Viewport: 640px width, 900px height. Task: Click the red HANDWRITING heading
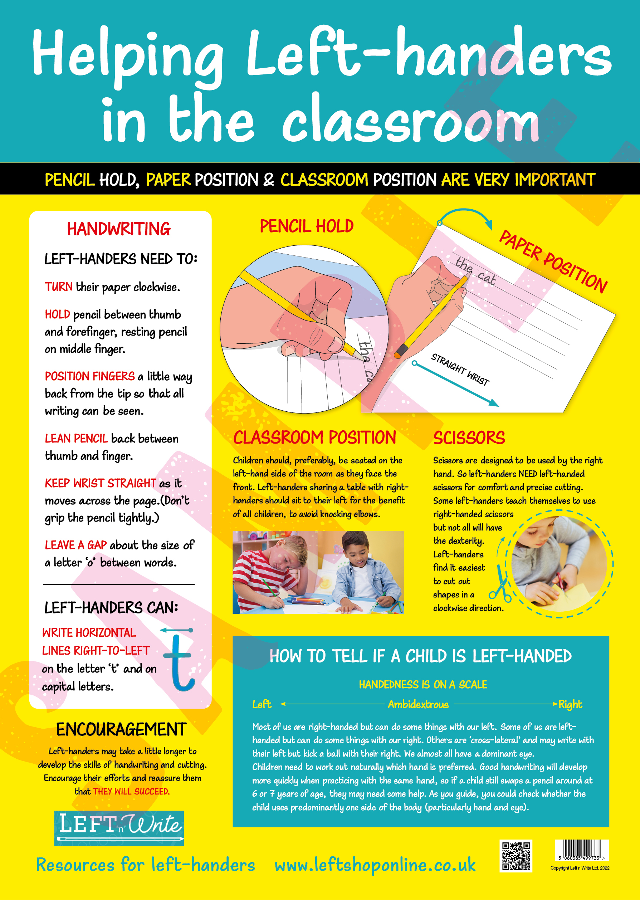point(119,229)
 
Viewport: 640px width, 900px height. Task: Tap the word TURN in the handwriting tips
point(58,287)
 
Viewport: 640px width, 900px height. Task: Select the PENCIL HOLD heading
point(307,226)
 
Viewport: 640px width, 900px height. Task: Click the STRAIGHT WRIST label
point(460,369)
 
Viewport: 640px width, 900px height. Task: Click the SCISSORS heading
point(469,438)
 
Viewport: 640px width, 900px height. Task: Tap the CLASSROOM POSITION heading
point(314,438)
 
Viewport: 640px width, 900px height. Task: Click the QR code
point(516,856)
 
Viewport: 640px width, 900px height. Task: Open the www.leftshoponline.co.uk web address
point(375,865)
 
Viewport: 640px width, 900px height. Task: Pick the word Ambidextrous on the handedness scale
point(418,704)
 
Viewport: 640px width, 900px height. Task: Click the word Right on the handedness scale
point(570,704)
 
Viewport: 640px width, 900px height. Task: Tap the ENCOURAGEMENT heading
point(121,729)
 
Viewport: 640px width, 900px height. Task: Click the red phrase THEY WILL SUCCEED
point(131,791)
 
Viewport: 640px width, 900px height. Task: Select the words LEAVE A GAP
point(76,545)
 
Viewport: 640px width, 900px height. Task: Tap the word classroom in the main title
point(410,120)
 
